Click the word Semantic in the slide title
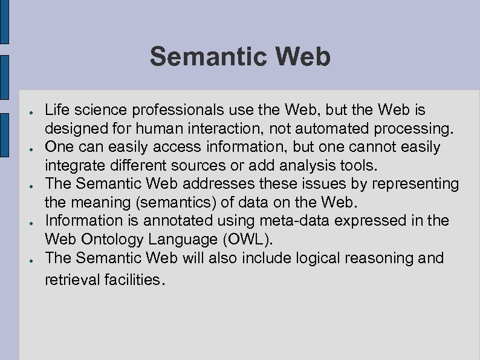201,57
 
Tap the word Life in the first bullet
57,111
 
